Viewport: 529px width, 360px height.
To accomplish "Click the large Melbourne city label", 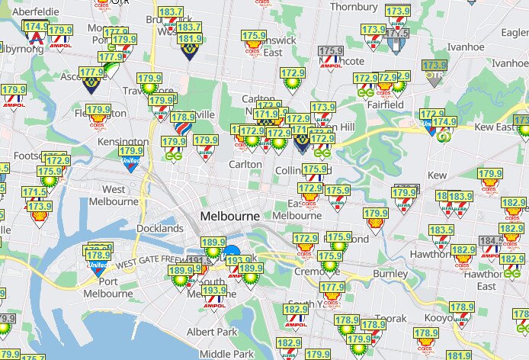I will click(x=230, y=216).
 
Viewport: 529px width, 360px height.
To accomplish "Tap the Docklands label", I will click(x=160, y=228).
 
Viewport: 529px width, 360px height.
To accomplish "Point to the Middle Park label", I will click(x=226, y=354).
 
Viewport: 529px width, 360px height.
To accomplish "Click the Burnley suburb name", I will click(x=391, y=272).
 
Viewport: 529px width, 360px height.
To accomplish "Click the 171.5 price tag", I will click(x=34, y=192).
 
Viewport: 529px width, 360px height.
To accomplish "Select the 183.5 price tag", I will click(x=441, y=230).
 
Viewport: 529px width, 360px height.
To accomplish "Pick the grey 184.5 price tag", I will click(x=489, y=240).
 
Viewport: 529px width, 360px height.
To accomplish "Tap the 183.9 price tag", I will click(x=460, y=197).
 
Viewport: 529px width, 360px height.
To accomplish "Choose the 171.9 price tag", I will click(x=266, y=114).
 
